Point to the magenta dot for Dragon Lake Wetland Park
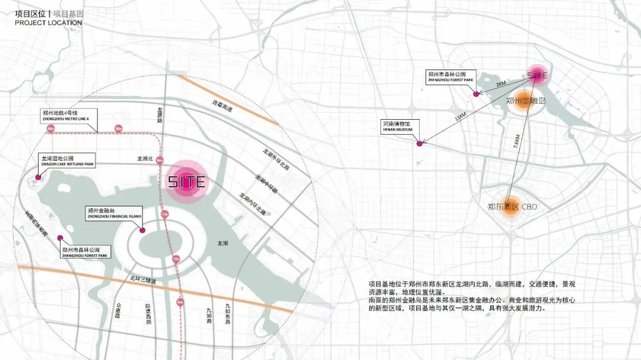click(x=39, y=177)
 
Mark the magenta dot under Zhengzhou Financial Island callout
click(x=142, y=231)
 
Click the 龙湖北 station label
click(x=145, y=159)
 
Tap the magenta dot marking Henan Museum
click(x=420, y=144)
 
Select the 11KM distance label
click(x=460, y=118)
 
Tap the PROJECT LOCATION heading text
click(x=49, y=23)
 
